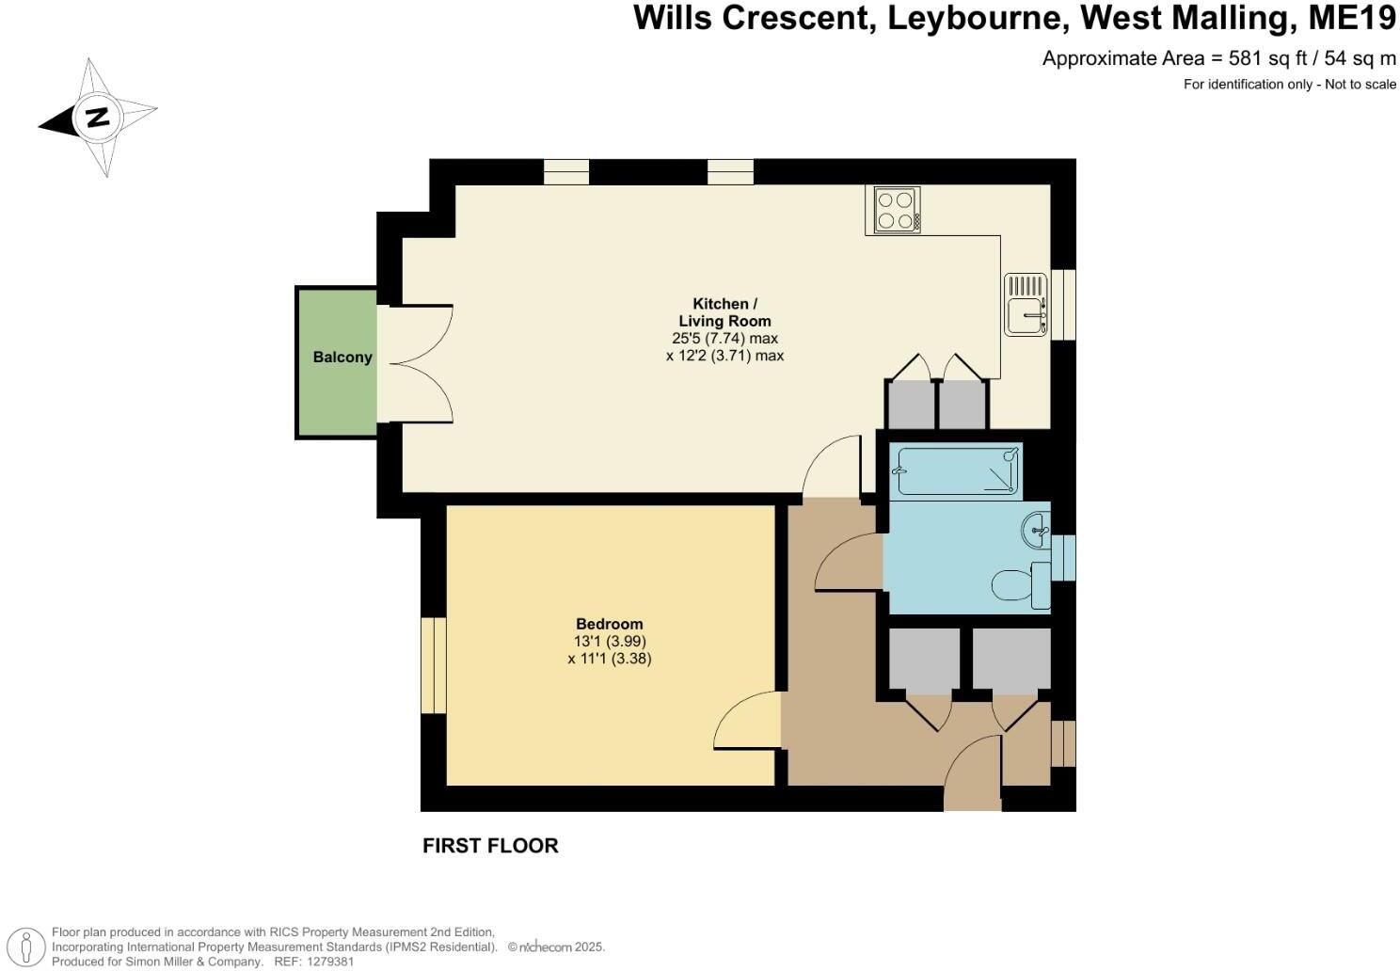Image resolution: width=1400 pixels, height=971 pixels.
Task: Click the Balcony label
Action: pos(342,357)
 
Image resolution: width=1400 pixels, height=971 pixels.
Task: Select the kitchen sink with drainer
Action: pos(1026,304)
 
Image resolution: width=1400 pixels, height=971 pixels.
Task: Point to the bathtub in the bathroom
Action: pos(956,470)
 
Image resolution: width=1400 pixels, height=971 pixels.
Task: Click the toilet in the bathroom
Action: pos(1021,585)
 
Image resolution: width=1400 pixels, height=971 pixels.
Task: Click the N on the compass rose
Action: pos(98,117)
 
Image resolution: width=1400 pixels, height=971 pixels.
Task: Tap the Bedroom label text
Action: pos(610,624)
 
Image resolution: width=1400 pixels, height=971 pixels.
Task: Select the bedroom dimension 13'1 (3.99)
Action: pos(610,641)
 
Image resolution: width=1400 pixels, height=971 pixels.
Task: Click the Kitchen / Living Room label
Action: pos(725,312)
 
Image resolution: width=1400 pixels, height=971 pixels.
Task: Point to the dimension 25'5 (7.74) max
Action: pos(725,339)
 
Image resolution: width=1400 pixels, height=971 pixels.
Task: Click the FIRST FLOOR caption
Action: pos(490,846)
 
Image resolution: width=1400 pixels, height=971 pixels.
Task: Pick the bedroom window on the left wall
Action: pos(433,665)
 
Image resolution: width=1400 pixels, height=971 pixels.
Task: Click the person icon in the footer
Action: pos(25,947)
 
